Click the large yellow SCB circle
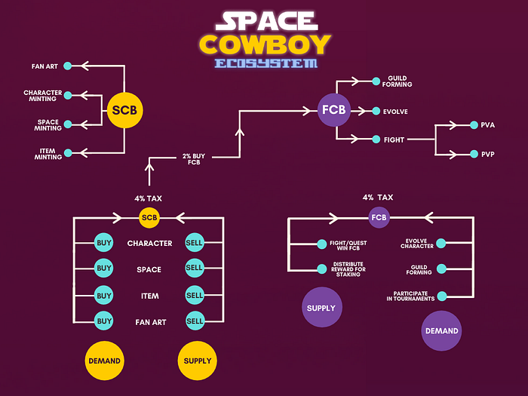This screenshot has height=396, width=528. point(124,110)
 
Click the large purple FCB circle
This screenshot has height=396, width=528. point(334,110)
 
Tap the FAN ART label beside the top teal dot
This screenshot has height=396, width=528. point(46,66)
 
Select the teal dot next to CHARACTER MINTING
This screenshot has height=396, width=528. point(68,95)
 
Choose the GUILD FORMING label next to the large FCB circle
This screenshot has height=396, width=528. point(400,81)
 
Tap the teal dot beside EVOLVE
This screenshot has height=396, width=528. point(376,111)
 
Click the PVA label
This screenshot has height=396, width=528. point(487,124)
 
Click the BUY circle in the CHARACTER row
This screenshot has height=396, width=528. point(104,243)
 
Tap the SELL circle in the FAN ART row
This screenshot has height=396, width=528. point(195,321)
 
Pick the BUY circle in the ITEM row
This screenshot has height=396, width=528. point(104,295)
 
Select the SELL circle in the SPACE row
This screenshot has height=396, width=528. point(195,269)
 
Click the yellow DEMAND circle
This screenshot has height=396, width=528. point(104,361)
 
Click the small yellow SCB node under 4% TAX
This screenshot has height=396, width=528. point(149,218)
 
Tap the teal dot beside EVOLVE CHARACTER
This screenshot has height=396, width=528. point(441,244)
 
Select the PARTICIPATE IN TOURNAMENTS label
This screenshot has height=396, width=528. point(410,296)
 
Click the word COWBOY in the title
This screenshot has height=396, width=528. point(265,43)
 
